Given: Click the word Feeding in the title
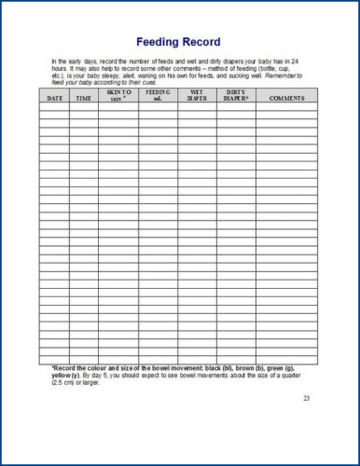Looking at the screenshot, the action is pyautogui.click(x=159, y=42).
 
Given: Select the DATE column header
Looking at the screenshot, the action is pyautogui.click(x=54, y=97).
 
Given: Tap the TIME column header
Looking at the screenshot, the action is pyautogui.click(x=83, y=97).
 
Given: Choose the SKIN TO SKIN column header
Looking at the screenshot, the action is pyautogui.click(x=118, y=95).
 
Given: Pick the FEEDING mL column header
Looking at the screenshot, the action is pyautogui.click(x=159, y=95).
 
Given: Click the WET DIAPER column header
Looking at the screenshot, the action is pyautogui.click(x=198, y=95).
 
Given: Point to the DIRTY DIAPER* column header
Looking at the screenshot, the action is pyautogui.click(x=236, y=95).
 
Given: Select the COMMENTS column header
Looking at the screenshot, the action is pyautogui.click(x=286, y=97).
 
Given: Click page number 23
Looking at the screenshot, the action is pyautogui.click(x=306, y=398).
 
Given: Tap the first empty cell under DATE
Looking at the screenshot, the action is pyautogui.click(x=54, y=106).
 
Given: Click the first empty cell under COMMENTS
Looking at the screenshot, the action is pyautogui.click(x=286, y=106).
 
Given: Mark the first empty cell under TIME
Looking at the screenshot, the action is pyautogui.click(x=83, y=106).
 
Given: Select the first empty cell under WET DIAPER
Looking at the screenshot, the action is pyautogui.click(x=198, y=106).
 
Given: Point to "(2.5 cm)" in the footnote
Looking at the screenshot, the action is pyautogui.click(x=65, y=380).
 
